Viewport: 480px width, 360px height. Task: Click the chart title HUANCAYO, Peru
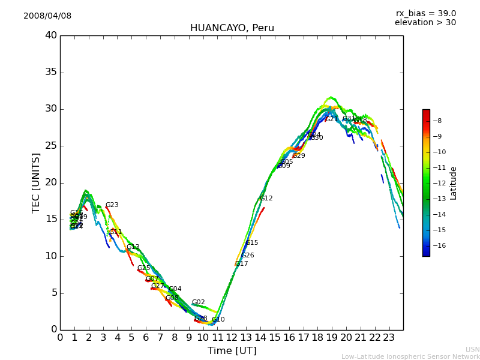(x=232, y=28)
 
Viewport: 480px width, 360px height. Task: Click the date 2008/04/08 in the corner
(x=47, y=16)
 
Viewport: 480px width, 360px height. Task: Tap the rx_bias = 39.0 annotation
(x=425, y=14)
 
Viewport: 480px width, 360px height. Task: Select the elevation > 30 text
(x=425, y=23)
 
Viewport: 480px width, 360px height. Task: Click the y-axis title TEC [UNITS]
(x=36, y=182)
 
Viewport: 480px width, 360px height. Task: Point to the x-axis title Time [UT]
(x=232, y=351)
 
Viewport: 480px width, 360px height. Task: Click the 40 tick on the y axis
(x=50, y=35)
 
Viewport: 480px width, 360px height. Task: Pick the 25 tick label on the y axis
(x=50, y=146)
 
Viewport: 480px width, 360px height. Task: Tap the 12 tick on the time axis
(x=232, y=337)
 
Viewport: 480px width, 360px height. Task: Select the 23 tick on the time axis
(x=389, y=337)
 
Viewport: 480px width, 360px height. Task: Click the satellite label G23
(x=112, y=205)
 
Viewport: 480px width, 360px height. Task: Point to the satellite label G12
(x=266, y=199)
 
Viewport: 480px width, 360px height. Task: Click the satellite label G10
(x=218, y=320)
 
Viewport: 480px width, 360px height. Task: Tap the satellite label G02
(x=199, y=302)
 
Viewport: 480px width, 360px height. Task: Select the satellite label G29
(x=298, y=156)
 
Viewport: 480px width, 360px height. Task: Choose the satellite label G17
(x=241, y=264)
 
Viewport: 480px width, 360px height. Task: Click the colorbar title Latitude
(x=454, y=183)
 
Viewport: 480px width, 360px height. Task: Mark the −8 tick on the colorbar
(x=437, y=121)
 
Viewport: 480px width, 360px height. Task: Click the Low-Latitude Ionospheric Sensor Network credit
(x=410, y=357)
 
